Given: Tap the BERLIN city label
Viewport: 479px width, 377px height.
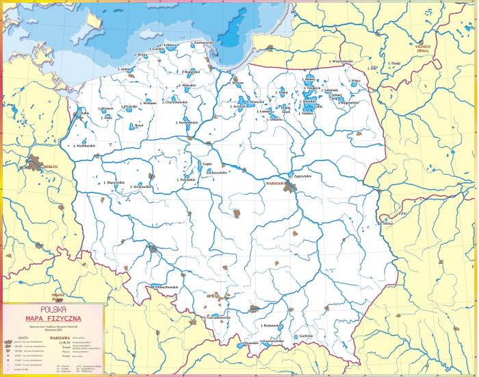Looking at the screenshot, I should click(49, 167).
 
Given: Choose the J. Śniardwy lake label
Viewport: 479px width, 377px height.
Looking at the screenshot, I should click(309, 101).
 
